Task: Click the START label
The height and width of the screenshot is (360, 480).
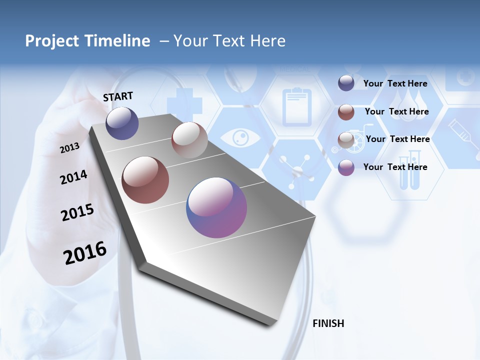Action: click(x=118, y=96)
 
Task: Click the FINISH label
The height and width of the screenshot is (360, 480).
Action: click(x=328, y=323)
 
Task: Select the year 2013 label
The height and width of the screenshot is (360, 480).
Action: click(x=69, y=148)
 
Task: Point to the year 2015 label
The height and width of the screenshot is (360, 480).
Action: click(x=77, y=212)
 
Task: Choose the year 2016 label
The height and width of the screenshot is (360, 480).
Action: click(x=85, y=253)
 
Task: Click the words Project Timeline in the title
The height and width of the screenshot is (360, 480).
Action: click(x=87, y=41)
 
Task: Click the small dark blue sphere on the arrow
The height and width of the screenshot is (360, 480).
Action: click(x=122, y=123)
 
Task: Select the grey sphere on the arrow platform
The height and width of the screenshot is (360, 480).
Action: click(x=189, y=140)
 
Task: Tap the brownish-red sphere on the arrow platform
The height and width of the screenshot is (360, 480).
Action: click(x=145, y=180)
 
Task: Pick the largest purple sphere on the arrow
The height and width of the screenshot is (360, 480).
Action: click(x=216, y=207)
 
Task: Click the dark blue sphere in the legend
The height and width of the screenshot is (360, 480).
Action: click(x=346, y=83)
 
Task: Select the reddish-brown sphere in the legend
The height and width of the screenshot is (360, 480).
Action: click(x=346, y=112)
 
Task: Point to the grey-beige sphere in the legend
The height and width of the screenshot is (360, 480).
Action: click(x=346, y=140)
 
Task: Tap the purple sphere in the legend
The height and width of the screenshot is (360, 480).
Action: click(x=346, y=168)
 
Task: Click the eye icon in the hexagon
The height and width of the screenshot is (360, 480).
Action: click(x=241, y=137)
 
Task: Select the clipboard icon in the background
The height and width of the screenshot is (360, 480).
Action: click(x=296, y=106)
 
